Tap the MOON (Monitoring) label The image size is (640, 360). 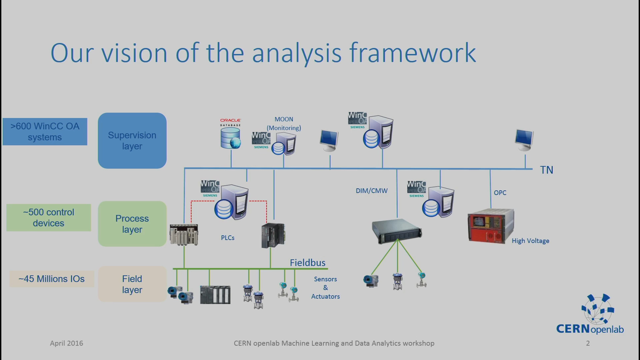coord(284,124)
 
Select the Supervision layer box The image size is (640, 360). coord(132,141)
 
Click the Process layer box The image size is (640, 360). coord(132,224)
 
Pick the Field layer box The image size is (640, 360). coord(132,284)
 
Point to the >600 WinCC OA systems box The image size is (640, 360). coord(45,132)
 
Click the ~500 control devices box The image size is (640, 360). coord(49,218)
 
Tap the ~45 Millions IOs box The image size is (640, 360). coord(52,279)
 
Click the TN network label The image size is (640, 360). coord(547,170)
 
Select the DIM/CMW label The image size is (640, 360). coord(372,191)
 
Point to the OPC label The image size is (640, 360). coord(500,193)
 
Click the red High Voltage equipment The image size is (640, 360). coord(491,226)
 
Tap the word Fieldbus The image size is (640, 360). coord(308,263)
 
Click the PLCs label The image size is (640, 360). coord(228,238)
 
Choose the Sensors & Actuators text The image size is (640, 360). coord(326,288)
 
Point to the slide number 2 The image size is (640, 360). coord(588,343)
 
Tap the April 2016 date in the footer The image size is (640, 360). coord(67,343)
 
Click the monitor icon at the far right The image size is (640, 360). coord(524,140)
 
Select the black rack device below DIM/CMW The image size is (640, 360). coord(397,231)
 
